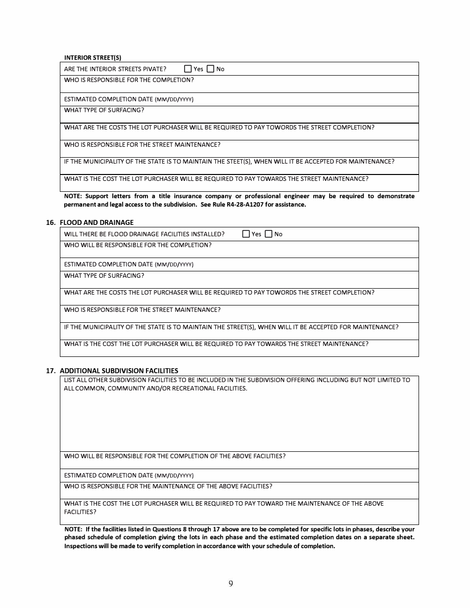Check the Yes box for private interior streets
[188, 69]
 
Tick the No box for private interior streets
[211, 69]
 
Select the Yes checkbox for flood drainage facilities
[246, 234]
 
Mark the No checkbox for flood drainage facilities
[269, 234]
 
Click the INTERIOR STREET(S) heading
[93, 57]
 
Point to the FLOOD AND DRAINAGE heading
[96, 222]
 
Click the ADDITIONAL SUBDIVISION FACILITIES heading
[119, 371]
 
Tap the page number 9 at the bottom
[231, 584]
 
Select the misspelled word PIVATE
[155, 69]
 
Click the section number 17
[50, 371]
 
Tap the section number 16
[50, 222]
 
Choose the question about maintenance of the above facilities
[168, 486]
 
